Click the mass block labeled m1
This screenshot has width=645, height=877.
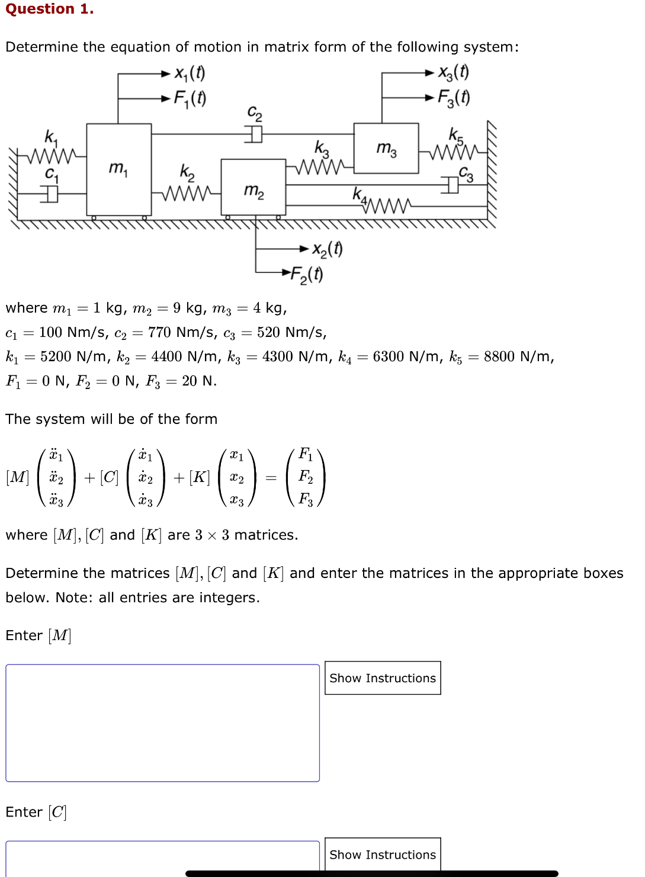(x=119, y=169)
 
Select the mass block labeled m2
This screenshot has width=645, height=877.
(x=253, y=187)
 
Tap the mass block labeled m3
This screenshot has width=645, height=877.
(x=386, y=148)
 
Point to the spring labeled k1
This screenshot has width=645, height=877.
(x=52, y=156)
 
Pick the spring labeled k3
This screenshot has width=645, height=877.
(x=320, y=167)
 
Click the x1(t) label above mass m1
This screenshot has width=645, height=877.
(x=190, y=73)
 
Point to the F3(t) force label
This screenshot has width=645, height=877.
(x=454, y=97)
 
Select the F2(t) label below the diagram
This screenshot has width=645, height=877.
(x=307, y=274)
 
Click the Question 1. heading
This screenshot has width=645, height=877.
(x=50, y=9)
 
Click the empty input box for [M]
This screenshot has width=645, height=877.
(x=162, y=722)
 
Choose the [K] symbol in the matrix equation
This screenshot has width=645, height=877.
(x=200, y=477)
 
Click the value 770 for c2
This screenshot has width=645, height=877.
(x=159, y=332)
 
